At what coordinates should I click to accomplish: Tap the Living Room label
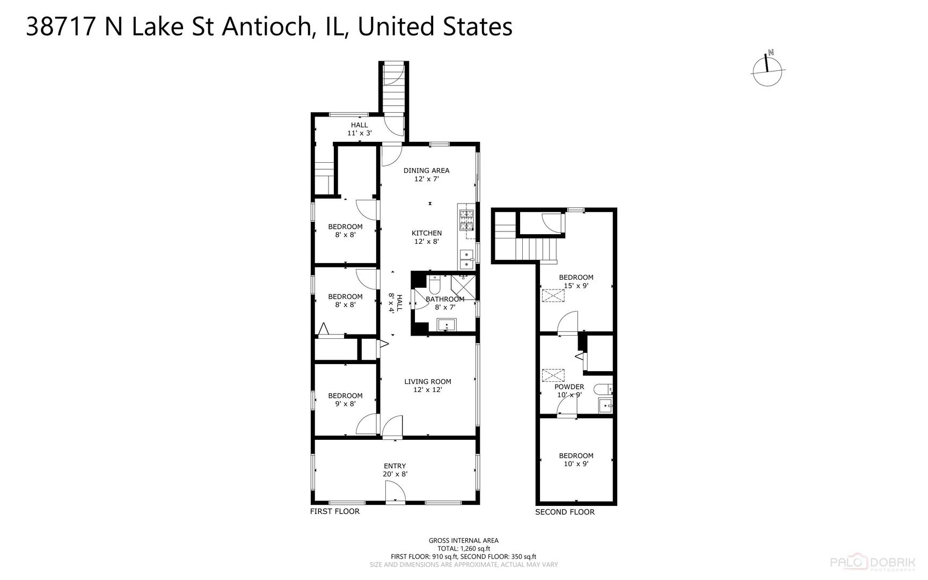(428, 386)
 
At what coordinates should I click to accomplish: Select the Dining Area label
(427, 175)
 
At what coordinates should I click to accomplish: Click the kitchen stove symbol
(466, 220)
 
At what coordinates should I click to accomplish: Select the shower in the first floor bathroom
(463, 287)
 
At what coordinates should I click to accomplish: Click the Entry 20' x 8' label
(395, 470)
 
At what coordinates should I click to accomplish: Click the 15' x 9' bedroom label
(576, 281)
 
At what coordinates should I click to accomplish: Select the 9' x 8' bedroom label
(345, 400)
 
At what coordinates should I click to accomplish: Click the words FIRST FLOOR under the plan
(335, 511)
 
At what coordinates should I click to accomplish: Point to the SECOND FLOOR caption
(565, 512)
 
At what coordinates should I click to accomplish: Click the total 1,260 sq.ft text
(464, 549)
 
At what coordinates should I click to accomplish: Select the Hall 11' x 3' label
(360, 129)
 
